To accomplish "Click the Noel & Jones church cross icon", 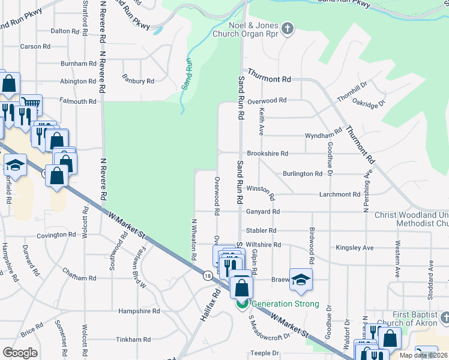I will click(288, 28).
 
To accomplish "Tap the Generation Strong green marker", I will click(242, 304).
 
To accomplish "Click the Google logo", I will click(20, 353).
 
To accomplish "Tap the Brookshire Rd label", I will click(267, 154).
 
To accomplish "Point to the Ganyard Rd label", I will click(263, 212).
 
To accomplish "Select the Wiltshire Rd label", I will click(264, 245).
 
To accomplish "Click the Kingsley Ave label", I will click(355, 247).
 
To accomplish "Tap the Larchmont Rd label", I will click(340, 194).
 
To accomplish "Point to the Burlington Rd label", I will click(302, 174).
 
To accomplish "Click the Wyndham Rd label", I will click(323, 136).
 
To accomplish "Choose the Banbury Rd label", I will click(138, 80).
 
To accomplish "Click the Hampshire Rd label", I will click(139, 311).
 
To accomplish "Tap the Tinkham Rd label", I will click(134, 340).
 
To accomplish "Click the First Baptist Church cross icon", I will click(444, 316).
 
